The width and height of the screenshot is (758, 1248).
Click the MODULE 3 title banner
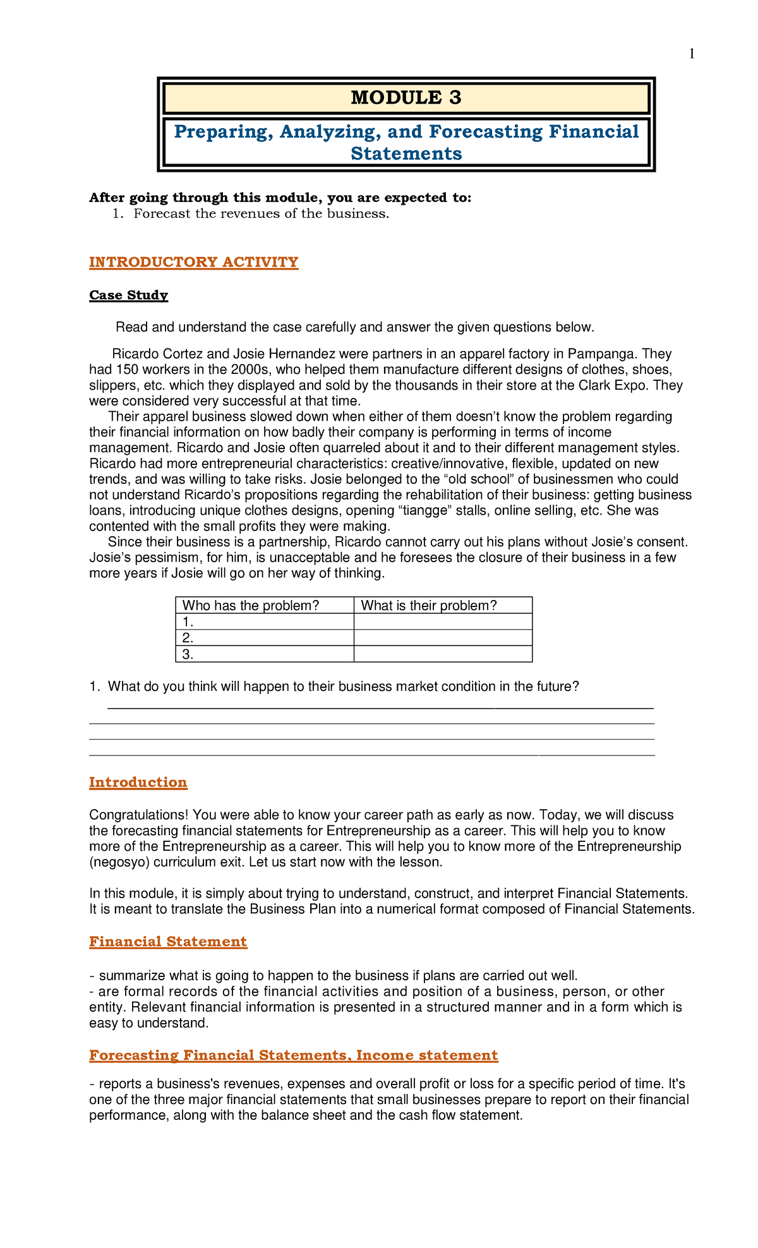tap(406, 98)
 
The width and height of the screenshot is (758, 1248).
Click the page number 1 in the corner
tap(692, 54)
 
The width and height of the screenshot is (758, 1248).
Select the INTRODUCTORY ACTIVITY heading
tap(193, 262)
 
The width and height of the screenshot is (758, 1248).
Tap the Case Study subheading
tap(128, 295)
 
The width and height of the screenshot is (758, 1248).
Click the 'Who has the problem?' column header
tap(251, 606)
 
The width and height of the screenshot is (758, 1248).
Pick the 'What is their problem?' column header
tap(429, 606)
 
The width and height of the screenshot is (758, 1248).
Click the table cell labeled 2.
tap(264, 638)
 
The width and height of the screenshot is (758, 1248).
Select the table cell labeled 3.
tap(264, 654)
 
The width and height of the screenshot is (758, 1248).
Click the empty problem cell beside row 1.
tap(443, 622)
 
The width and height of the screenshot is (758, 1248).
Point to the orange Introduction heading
tap(138, 783)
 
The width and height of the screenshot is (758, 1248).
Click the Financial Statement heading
tap(168, 942)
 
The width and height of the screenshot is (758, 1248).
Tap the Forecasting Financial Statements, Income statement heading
tap(293, 1055)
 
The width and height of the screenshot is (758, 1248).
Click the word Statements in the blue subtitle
tap(406, 153)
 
